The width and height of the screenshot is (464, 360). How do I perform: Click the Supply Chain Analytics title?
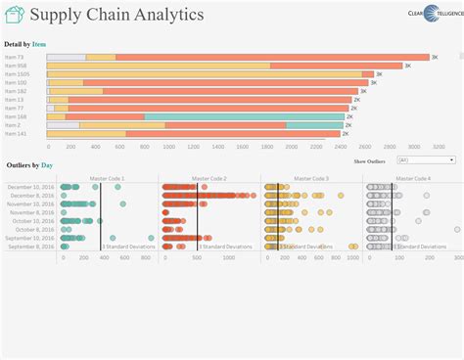tap(116, 15)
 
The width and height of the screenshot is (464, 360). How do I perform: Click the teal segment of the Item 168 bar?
tap(245, 116)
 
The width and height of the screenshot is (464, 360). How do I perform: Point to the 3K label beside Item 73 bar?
tap(435, 58)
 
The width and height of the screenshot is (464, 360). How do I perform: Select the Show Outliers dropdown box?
tap(426, 159)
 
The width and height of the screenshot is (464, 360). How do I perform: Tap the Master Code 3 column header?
tap(308, 179)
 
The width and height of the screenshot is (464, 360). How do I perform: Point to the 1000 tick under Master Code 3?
tap(353, 258)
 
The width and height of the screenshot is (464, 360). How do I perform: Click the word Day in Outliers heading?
tap(46, 166)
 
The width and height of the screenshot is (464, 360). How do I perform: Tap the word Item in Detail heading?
tap(38, 44)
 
